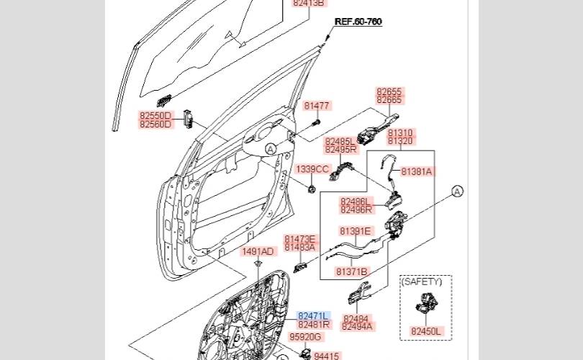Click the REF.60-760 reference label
[358, 22]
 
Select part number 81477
[317, 106]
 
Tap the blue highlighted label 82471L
[313, 316]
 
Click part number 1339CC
[312, 170]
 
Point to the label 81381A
[417, 171]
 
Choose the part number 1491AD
[258, 252]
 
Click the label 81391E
[355, 231]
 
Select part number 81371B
[351, 272]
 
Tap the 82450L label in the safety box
[425, 331]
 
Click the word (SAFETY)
[422, 282]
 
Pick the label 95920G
[305, 337]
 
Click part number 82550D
[155, 115]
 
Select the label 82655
[389, 91]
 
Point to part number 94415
[327, 356]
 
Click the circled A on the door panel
[271, 149]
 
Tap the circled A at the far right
[457, 191]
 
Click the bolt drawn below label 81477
[317, 122]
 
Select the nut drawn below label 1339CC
[312, 189]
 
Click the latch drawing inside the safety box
[426, 303]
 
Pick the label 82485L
[340, 141]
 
